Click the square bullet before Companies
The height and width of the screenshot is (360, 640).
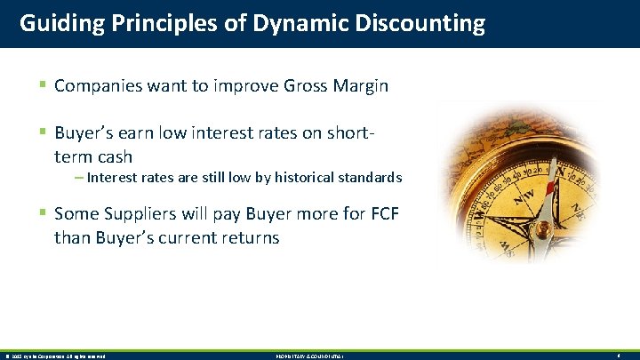click(43, 85)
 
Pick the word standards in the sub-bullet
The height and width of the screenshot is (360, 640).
click(367, 178)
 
